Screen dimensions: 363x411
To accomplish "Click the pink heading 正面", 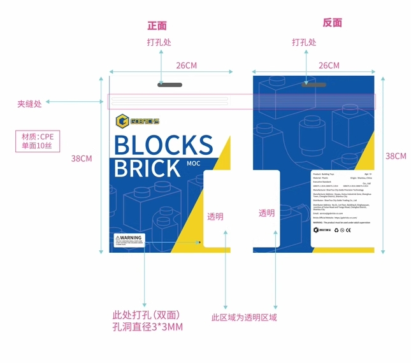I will (157, 26).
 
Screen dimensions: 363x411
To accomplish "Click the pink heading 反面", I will (332, 23).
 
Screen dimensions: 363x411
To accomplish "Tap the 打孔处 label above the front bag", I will (159, 43).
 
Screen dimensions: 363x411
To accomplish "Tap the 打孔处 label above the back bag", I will (304, 43).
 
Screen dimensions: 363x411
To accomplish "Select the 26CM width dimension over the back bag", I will (329, 66).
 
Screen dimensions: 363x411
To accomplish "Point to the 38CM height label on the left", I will (82, 159).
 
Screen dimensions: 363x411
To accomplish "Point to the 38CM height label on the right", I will (396, 156).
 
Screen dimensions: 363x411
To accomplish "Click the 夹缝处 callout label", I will (29, 103).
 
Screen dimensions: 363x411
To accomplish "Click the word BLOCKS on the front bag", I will (163, 145).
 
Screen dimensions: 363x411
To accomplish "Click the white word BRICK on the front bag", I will (147, 169).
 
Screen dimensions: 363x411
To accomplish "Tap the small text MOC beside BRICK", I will (194, 164).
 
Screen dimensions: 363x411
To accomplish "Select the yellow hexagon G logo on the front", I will (121, 121).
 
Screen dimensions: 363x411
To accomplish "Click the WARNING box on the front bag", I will (129, 240).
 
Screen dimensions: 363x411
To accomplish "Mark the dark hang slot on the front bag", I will (169, 85).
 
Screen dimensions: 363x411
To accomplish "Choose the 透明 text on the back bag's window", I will (266, 213).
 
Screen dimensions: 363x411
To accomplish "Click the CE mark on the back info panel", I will (348, 230).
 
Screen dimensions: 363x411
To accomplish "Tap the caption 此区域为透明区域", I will (244, 317).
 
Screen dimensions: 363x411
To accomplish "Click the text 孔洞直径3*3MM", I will (147, 327).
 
